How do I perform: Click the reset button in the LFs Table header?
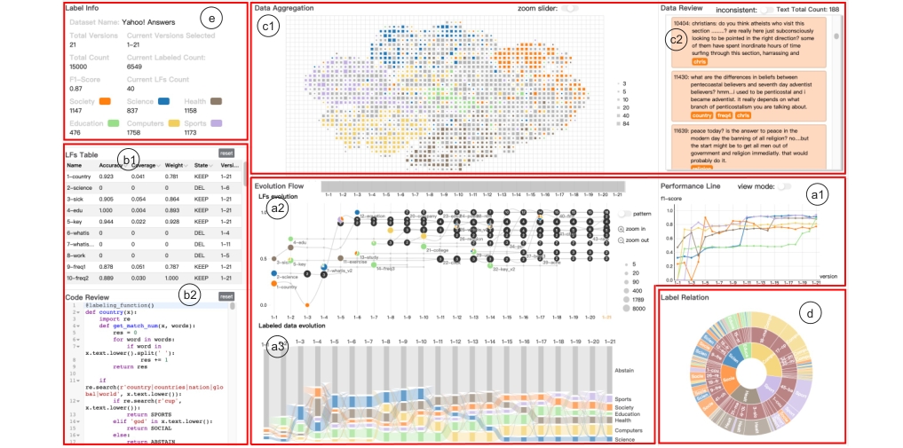226,153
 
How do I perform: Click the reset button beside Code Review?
226,296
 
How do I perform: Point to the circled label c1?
267,28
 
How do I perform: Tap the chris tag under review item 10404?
700,62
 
